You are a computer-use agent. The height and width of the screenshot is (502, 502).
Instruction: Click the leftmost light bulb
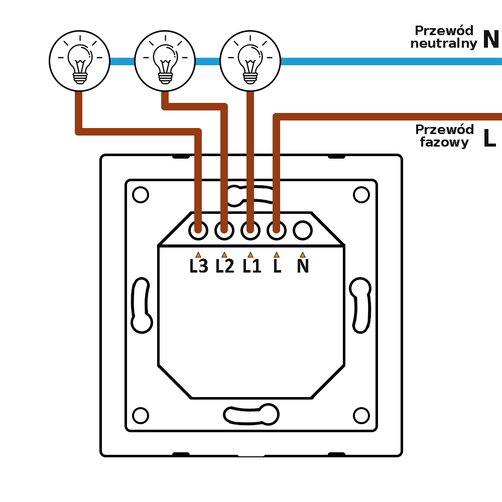point(79,60)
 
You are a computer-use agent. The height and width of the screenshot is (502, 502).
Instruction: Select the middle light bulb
point(165,60)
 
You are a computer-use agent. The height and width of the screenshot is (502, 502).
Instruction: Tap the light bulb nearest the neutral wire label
point(250,60)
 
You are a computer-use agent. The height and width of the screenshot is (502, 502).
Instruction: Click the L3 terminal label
point(199,266)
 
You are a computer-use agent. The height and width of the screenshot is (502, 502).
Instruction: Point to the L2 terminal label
point(225,266)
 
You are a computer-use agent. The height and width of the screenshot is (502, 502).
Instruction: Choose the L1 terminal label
point(252,266)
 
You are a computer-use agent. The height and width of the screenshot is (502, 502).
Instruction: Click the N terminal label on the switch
point(303,266)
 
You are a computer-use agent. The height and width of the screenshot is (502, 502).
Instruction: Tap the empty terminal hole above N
point(302,230)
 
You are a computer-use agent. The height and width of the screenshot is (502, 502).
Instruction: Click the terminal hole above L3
point(198,230)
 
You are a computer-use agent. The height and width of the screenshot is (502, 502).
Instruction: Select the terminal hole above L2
point(224,230)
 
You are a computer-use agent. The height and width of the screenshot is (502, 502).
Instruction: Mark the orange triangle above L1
point(250,255)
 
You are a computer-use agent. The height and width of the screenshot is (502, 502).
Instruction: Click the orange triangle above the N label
point(302,255)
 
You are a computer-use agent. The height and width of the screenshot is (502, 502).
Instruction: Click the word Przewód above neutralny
point(444,30)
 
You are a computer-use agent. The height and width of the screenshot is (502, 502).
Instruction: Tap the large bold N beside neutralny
point(491,39)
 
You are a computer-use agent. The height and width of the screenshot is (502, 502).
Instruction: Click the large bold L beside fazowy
point(489,138)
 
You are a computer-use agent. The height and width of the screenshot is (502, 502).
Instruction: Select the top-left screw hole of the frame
point(141,195)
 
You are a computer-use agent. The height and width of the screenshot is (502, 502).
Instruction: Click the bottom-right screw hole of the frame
point(361,416)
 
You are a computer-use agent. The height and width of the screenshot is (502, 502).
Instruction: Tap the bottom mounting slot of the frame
point(251,414)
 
